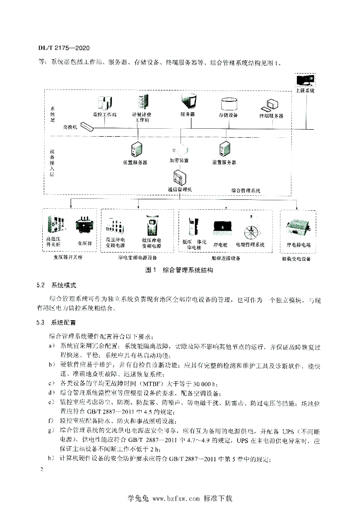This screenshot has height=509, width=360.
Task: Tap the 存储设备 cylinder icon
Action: coord(228,104)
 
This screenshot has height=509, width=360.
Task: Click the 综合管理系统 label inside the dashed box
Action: coord(246,190)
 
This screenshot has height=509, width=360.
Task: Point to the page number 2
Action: coord(42,469)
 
